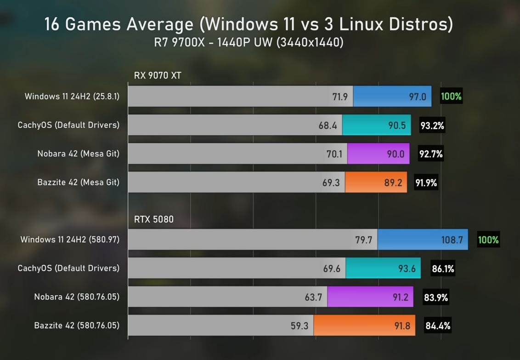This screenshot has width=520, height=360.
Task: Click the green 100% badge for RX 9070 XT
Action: click(x=451, y=97)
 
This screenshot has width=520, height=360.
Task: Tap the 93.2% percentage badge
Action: click(x=432, y=126)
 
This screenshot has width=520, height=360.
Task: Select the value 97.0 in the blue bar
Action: click(x=418, y=97)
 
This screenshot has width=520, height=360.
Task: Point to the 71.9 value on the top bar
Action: click(x=340, y=97)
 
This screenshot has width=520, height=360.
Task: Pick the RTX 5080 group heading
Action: click(x=154, y=219)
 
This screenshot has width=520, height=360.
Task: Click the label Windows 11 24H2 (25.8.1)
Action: click(x=72, y=97)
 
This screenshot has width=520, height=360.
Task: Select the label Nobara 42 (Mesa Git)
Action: click(x=78, y=154)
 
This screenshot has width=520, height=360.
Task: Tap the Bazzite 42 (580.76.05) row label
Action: click(x=77, y=326)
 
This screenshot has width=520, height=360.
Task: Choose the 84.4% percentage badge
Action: click(x=438, y=326)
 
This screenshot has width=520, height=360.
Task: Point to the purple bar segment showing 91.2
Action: click(x=370, y=297)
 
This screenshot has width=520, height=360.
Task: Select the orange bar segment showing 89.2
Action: click(x=376, y=183)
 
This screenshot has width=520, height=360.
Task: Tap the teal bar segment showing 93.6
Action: click(x=383, y=269)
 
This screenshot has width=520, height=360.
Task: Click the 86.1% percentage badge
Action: click(x=443, y=269)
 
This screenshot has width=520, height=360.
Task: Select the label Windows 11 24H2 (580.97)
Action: click(x=70, y=240)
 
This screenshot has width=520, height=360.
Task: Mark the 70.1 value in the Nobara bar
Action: click(x=334, y=154)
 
